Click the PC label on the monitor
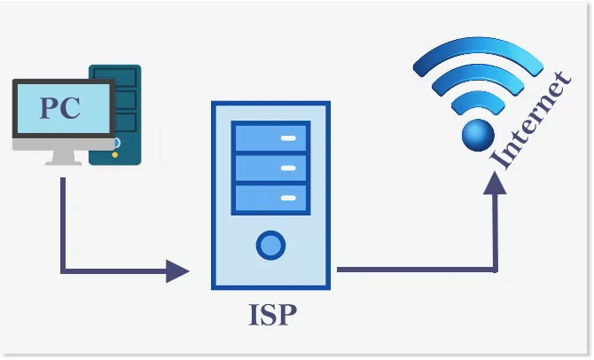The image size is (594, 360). [x=60, y=108]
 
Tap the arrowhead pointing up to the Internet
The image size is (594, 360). [x=496, y=183]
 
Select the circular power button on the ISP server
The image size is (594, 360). [x=270, y=243]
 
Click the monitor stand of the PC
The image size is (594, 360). [x=62, y=157]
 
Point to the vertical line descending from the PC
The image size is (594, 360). [x=63, y=222]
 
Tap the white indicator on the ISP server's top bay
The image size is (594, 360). [x=288, y=139]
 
